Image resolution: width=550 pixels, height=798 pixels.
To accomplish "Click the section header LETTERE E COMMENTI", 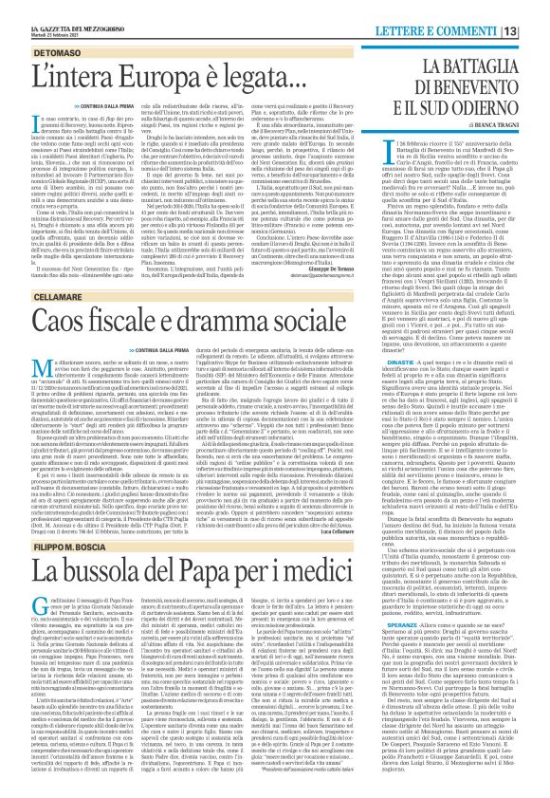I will [477, 9].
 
